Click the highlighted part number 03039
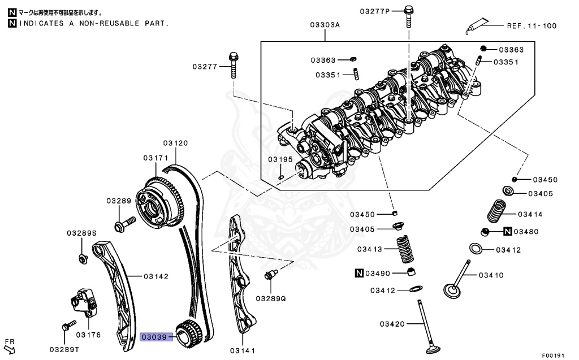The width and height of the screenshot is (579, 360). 154,337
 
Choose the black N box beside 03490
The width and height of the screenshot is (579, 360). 358,274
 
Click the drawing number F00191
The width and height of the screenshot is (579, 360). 554,355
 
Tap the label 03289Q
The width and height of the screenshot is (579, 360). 271,298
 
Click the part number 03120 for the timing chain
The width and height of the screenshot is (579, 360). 175,143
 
